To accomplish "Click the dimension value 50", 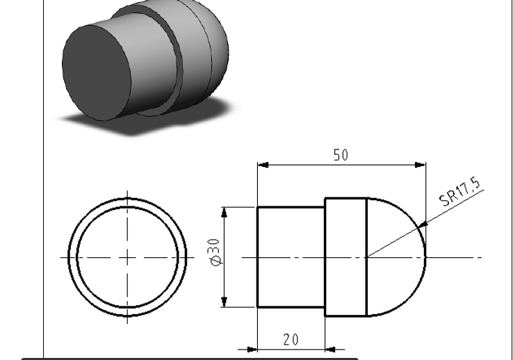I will (340, 155).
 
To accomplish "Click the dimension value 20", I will (291, 339).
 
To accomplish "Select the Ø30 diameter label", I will (215, 252).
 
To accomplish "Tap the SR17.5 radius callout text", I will (460, 193).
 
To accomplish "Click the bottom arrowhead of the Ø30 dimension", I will (225, 302).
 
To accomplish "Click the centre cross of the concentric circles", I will (127, 257).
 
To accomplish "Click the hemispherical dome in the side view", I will (395, 257).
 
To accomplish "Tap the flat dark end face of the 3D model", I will (96, 72).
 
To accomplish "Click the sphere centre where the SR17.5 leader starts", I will (367, 257).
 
